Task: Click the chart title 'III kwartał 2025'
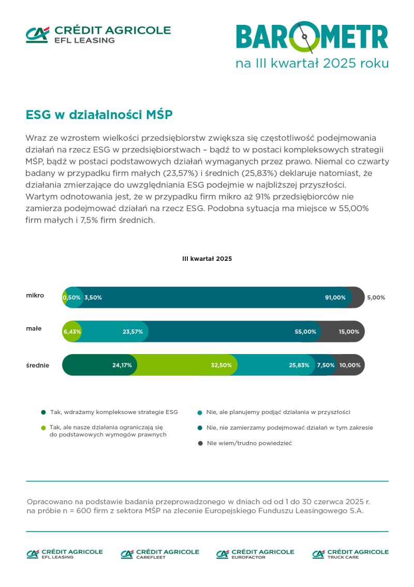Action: tap(207, 258)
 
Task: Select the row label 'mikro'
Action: tap(35, 296)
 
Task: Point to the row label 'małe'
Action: tap(35, 329)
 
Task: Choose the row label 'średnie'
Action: tap(38, 365)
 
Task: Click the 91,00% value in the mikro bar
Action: tap(335, 298)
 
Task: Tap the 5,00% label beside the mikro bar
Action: tap(376, 298)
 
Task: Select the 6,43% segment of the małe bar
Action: tap(72, 332)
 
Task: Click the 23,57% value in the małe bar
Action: tap(132, 332)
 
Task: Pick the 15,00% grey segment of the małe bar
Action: tap(349, 332)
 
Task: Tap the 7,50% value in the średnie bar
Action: tap(326, 365)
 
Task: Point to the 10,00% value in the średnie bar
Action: tap(350, 365)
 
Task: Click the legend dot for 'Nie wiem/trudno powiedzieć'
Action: tap(200, 443)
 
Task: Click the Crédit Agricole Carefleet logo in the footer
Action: tap(160, 554)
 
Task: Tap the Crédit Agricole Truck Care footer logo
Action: tap(350, 554)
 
